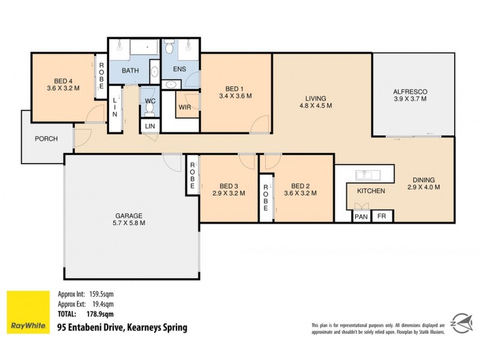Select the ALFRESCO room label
(x=410, y=92)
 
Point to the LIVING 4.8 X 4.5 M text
(x=315, y=101)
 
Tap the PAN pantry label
(x=361, y=217)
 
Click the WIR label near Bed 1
(x=185, y=107)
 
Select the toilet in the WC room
(x=149, y=109)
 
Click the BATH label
(x=130, y=71)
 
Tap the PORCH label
(x=46, y=139)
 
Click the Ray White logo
(x=28, y=312)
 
